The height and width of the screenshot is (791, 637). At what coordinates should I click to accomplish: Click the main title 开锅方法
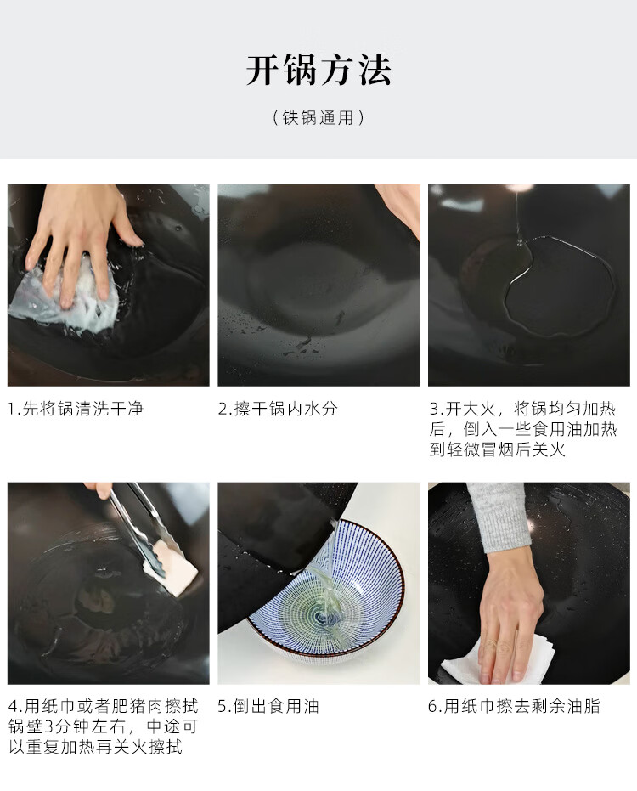tap(318, 70)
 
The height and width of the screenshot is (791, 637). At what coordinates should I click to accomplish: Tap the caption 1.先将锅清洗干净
tap(76, 409)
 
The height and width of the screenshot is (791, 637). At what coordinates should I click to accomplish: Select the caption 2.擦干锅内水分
tap(278, 409)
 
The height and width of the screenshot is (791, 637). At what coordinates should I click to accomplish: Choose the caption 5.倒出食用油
tap(268, 706)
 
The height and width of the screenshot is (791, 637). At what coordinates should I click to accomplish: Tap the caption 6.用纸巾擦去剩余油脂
tap(514, 706)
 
